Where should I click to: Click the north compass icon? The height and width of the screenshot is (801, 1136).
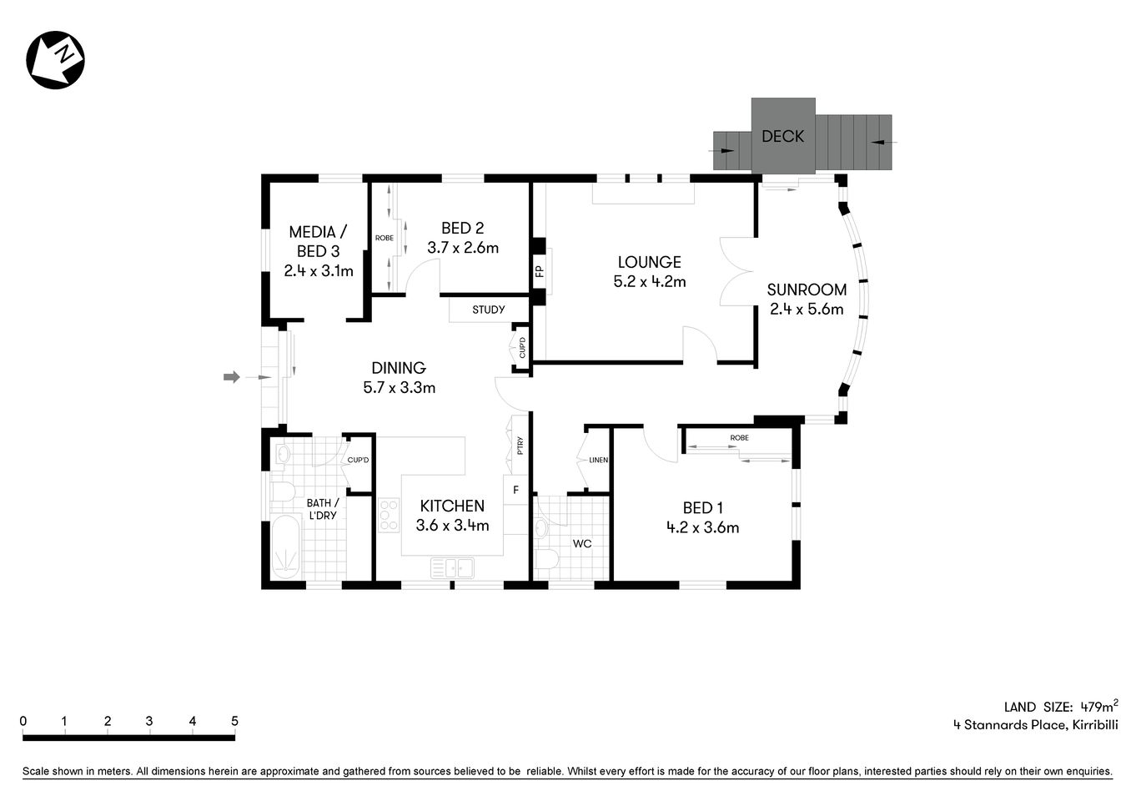pyautogui.click(x=56, y=60)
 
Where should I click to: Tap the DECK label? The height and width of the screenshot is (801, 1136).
pyautogui.click(x=782, y=136)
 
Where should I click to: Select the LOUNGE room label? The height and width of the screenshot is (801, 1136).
pyautogui.click(x=649, y=262)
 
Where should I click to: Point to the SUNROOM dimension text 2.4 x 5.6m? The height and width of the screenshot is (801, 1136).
pyautogui.click(x=806, y=310)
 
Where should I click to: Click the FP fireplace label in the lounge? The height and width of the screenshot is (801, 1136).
pyautogui.click(x=539, y=271)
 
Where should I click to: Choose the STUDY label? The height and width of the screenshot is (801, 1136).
pyautogui.click(x=488, y=310)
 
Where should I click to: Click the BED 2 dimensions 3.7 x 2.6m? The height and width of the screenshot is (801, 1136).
pyautogui.click(x=463, y=248)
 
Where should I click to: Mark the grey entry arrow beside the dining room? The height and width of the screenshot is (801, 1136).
pyautogui.click(x=232, y=377)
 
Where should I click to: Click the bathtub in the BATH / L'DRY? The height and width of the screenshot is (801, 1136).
pyautogui.click(x=285, y=546)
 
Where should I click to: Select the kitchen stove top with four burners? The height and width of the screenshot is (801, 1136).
pyautogui.click(x=389, y=515)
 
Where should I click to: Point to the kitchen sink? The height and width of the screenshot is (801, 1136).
pyautogui.click(x=452, y=568)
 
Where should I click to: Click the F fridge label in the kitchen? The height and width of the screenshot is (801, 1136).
pyautogui.click(x=515, y=490)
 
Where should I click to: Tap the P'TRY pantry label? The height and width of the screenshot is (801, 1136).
pyautogui.click(x=520, y=446)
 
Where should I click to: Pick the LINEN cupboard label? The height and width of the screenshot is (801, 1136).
pyautogui.click(x=598, y=460)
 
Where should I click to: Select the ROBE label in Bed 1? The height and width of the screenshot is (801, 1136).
pyautogui.click(x=739, y=438)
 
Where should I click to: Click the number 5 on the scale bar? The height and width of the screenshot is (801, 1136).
pyautogui.click(x=234, y=721)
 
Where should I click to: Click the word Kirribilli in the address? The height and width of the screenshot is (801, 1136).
pyautogui.click(x=1094, y=724)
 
